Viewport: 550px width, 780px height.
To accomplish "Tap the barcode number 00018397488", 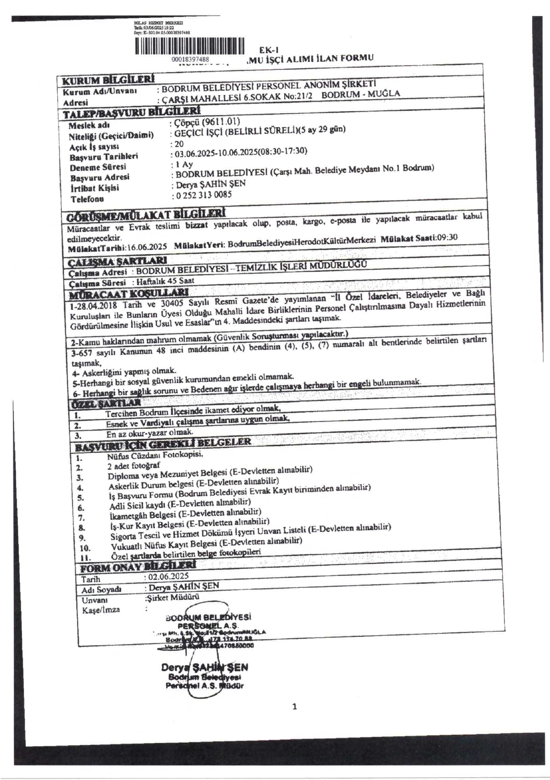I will [x=190, y=59].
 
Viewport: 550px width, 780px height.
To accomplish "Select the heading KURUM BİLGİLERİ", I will [x=108, y=79].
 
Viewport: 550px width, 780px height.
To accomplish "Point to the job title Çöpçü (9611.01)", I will [x=206, y=121].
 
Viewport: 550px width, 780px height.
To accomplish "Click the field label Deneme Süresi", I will [x=97, y=167].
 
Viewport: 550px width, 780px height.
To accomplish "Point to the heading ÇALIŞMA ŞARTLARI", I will [x=118, y=261].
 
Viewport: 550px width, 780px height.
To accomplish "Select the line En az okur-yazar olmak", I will [x=149, y=433].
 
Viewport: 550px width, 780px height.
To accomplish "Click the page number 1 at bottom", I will [x=294, y=706].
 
